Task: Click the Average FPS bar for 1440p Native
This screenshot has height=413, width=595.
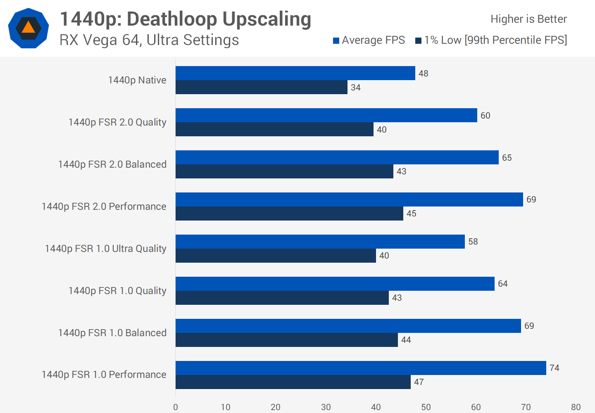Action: (295, 73)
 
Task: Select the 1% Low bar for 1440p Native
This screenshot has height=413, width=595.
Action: (261, 87)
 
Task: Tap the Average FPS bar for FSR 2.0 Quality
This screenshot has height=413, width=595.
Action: (326, 115)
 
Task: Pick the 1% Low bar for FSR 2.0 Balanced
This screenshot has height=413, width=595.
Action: (284, 171)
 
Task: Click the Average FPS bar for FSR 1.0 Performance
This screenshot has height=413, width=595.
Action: (361, 368)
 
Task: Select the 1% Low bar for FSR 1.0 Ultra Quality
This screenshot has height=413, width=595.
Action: (276, 256)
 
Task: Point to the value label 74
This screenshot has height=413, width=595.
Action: (554, 368)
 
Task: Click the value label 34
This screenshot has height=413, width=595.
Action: (355, 88)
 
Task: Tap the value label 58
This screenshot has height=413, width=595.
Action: (473, 242)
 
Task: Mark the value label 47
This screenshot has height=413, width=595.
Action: (419, 382)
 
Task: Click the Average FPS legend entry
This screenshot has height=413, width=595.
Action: (369, 40)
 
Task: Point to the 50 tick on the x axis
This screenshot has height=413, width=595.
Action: (426, 407)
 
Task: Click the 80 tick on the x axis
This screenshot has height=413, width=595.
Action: (576, 407)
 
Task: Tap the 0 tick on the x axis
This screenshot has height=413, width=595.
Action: (176, 407)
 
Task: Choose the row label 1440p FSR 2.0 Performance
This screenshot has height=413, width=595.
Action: (104, 206)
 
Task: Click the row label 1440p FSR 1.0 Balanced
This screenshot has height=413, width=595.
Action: (112, 333)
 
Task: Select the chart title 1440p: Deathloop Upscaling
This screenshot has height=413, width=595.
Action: (186, 19)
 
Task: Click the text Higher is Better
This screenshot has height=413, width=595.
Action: (528, 19)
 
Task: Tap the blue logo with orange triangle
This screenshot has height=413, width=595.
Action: (29, 28)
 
